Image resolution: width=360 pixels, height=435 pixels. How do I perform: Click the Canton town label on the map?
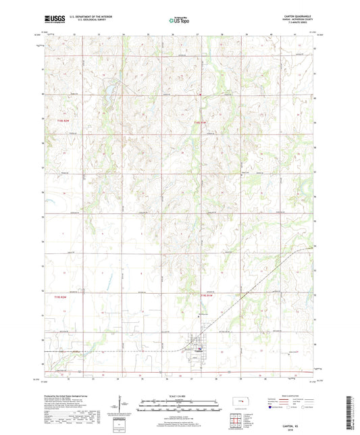(x=198, y=353)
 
